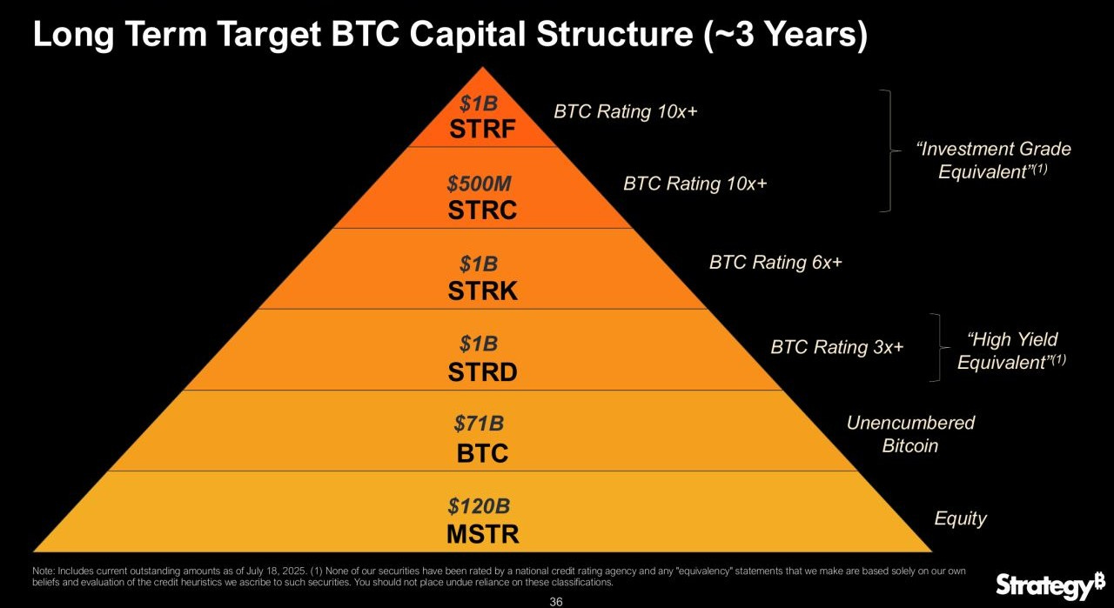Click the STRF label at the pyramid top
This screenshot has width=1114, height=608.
point(482,130)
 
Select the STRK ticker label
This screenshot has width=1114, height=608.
point(482,291)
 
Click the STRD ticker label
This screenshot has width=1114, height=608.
point(482,372)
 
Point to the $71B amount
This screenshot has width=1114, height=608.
point(479,424)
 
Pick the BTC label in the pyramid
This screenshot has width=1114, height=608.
point(482,453)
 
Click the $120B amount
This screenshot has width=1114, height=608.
point(479,504)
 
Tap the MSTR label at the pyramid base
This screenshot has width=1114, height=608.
point(482,533)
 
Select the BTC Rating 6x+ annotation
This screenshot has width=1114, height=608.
point(775,263)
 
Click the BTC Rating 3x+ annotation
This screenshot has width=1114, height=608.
point(837,348)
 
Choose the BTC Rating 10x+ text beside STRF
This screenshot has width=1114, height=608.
point(625,112)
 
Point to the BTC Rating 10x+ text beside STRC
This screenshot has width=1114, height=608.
point(695,184)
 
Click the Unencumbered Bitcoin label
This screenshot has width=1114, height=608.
point(910,434)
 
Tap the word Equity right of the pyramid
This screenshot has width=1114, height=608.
point(960,519)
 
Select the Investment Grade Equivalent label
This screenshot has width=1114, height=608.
point(993,160)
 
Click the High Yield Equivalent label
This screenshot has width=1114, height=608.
point(1012,351)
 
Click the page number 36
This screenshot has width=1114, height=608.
point(556,602)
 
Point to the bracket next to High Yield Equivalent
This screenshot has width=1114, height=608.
point(938,347)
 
